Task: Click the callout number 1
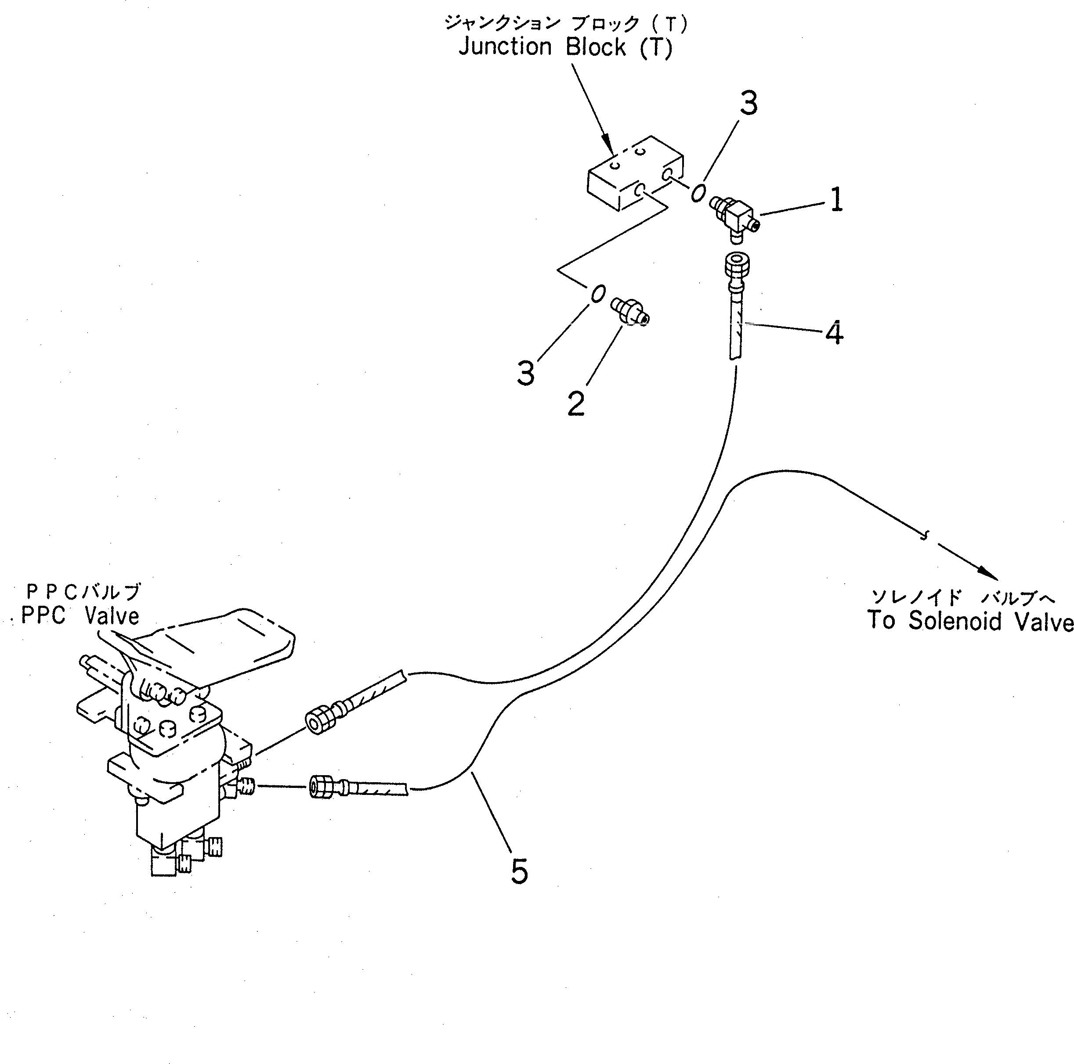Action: click(x=835, y=200)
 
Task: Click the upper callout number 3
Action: click(x=749, y=104)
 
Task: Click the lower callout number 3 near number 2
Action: click(x=526, y=373)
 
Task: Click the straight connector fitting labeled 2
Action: click(x=630, y=312)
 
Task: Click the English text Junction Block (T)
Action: click(x=565, y=48)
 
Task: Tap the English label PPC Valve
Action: click(x=80, y=616)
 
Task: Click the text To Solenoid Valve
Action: click(x=970, y=621)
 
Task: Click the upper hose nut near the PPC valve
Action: click(x=320, y=722)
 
